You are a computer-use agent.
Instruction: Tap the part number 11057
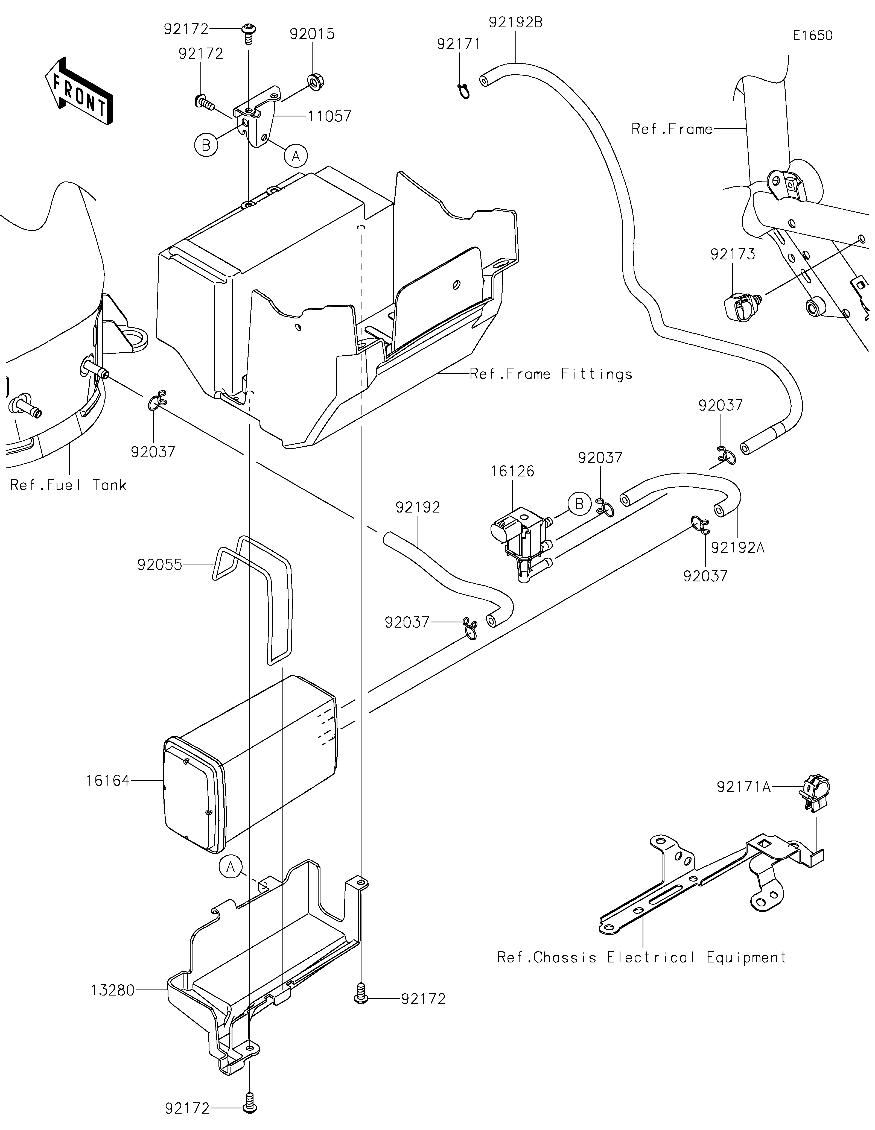click(x=329, y=116)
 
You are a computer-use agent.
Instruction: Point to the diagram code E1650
click(x=812, y=36)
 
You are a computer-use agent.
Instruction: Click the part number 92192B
click(x=515, y=23)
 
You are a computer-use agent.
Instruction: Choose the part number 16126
click(x=512, y=471)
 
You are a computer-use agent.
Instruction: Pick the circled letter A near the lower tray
click(x=230, y=866)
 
